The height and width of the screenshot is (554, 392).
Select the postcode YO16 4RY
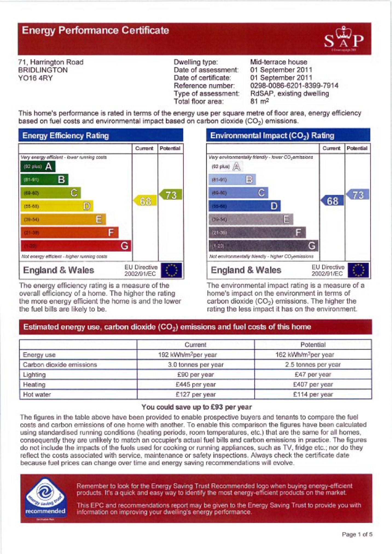[x=35, y=78]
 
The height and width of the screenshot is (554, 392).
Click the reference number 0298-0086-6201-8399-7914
[x=294, y=86]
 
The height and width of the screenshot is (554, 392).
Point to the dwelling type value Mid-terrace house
[x=278, y=62]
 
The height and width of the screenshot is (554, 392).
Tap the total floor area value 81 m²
[x=259, y=101]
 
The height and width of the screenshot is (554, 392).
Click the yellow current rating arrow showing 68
[x=145, y=201]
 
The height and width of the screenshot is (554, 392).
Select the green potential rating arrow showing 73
[x=171, y=195]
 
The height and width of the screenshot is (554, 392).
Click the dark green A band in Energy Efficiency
[x=38, y=166]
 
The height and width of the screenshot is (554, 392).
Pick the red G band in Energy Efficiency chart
[x=76, y=246]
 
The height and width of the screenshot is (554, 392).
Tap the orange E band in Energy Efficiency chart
[x=63, y=219]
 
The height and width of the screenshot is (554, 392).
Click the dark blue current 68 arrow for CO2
[x=332, y=201]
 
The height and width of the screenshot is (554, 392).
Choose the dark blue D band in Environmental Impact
[x=244, y=206]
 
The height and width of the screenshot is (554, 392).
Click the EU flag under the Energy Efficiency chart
[x=171, y=270]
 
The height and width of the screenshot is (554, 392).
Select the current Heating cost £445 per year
[x=196, y=384]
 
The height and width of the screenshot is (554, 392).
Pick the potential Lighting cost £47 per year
[x=313, y=375]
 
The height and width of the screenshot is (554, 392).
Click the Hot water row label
[x=37, y=395]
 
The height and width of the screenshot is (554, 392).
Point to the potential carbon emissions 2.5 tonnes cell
[x=313, y=365]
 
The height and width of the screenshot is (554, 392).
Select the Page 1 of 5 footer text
[x=357, y=534]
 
